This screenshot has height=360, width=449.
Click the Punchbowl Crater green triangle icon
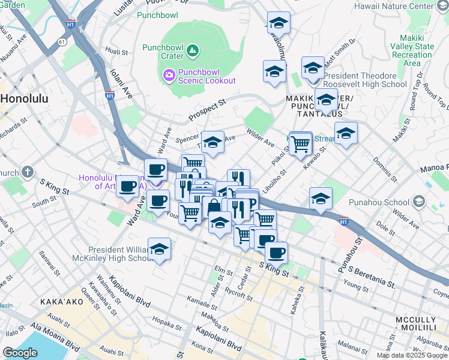click(x=193, y=50)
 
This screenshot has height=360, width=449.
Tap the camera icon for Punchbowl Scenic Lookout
click(x=169, y=75)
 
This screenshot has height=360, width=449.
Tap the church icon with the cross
click(x=27, y=172)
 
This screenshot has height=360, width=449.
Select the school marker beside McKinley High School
click(x=159, y=249)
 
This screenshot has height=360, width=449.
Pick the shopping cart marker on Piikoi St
click(x=301, y=143)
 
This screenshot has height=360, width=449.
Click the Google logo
click(x=20, y=352)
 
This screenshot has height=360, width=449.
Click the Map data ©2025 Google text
click(x=411, y=355)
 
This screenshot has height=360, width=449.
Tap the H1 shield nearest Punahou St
click(x=344, y=220)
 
